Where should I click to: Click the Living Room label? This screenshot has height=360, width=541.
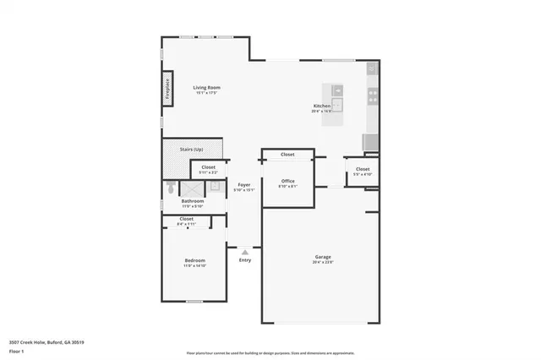pyautogui.click(x=205, y=87)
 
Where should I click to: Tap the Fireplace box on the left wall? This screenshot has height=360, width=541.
pyautogui.click(x=167, y=87)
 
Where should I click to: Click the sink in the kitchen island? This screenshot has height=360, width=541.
pyautogui.click(x=336, y=105)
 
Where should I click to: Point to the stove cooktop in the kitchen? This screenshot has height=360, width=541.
pyautogui.click(x=372, y=95)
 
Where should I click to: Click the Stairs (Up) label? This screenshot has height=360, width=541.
pyautogui.click(x=192, y=150)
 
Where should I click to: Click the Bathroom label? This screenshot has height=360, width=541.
pyautogui.click(x=192, y=201)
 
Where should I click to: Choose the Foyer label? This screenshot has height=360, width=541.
pyautogui.click(x=244, y=184)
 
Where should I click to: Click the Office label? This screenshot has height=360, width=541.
pyautogui.click(x=287, y=180)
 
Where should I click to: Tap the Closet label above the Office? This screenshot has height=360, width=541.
pyautogui.click(x=287, y=155)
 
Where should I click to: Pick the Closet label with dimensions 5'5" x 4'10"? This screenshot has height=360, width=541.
pyautogui.click(x=362, y=169)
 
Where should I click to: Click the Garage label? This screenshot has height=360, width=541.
pyautogui.click(x=323, y=257)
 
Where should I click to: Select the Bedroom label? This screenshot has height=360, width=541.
pyautogui.click(x=194, y=260)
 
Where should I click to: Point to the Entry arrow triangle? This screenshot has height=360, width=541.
pyautogui.click(x=244, y=251)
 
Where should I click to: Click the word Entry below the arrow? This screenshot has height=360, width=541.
pyautogui.click(x=244, y=260)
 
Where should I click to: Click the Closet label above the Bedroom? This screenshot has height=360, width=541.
pyautogui.click(x=187, y=219)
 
